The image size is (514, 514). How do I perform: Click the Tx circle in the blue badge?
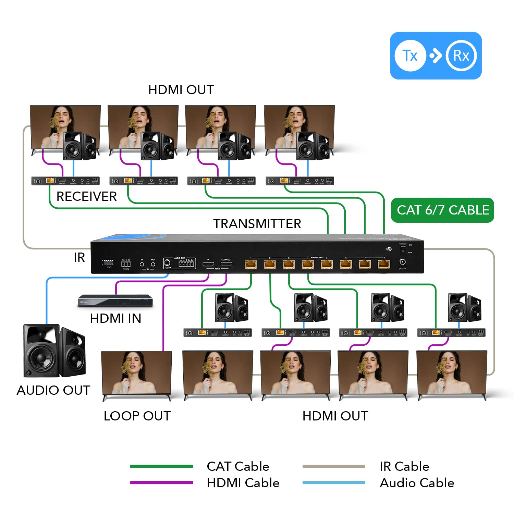click(410, 56)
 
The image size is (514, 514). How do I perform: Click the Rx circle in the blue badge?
click(461, 56)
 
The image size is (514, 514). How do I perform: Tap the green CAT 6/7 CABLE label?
click(442, 210)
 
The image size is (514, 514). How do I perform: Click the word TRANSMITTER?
click(257, 224)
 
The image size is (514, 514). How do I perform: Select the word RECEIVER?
click(86, 196)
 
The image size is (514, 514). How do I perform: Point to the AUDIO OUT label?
click(53, 390)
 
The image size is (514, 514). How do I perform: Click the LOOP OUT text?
click(137, 416)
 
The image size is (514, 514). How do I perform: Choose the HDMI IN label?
click(115, 318)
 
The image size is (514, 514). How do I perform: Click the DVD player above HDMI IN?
click(115, 301)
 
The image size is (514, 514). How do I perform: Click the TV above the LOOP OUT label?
click(137, 374)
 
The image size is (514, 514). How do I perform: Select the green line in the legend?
click(161, 466)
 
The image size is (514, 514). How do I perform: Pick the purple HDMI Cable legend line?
click(161, 482)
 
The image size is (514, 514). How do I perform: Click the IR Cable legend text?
click(404, 466)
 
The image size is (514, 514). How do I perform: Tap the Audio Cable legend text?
click(417, 483)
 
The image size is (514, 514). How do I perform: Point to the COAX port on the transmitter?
click(168, 263)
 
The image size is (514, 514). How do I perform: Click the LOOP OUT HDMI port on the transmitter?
click(226, 264)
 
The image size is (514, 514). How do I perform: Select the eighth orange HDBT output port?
click(384, 264)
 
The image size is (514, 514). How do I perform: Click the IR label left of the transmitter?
click(79, 257)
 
